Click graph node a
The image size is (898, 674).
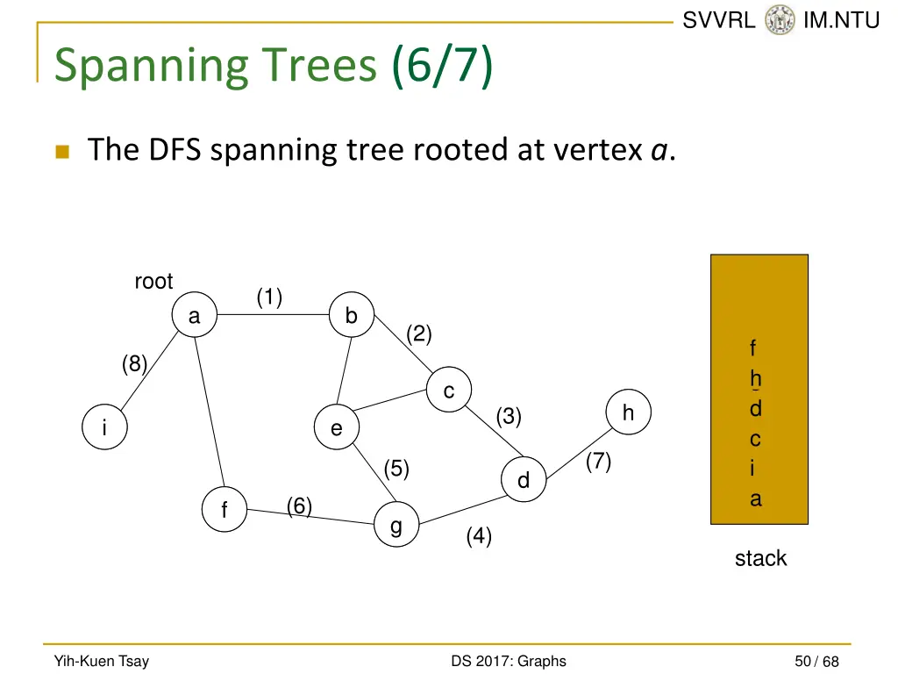click(195, 316)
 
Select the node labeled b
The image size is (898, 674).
click(352, 316)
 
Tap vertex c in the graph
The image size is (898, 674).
click(449, 391)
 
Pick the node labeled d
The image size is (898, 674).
click(524, 480)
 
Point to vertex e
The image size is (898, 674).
click(337, 429)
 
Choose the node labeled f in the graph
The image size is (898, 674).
click(224, 510)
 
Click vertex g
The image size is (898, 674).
click(396, 526)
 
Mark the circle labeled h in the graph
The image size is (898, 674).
click(629, 412)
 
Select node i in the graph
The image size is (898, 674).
click(104, 428)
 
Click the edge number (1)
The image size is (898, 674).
click(269, 298)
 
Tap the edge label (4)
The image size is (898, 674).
click(479, 535)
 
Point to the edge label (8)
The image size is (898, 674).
click(134, 363)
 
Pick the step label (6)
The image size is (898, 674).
click(299, 505)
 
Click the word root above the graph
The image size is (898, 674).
click(153, 282)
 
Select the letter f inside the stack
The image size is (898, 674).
click(752, 348)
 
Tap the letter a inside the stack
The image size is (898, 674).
click(755, 499)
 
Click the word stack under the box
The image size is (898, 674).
click(760, 558)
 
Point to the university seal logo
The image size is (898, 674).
click(779, 20)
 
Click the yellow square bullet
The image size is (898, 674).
click(61, 152)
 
